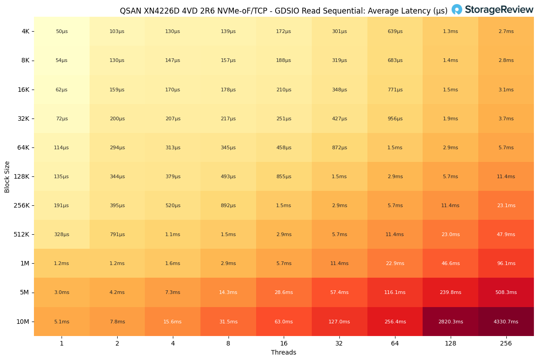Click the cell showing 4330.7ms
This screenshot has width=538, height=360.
[x=506, y=322]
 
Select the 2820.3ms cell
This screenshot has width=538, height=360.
[x=450, y=322]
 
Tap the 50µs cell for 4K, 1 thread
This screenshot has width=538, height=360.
[x=62, y=32]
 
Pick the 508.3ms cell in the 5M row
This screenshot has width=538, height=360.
[x=506, y=293]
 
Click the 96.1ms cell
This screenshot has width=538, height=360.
[x=506, y=264]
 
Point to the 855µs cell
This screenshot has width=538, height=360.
[x=284, y=176]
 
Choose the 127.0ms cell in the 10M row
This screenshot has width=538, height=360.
[x=339, y=322]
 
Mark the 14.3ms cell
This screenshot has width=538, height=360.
[x=228, y=293]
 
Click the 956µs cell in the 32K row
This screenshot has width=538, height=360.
[x=395, y=118]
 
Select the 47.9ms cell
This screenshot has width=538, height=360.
[x=506, y=235]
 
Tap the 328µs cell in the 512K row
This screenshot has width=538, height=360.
[x=62, y=235]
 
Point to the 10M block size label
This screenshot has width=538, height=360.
[x=23, y=322]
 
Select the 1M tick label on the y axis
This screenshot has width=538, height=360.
[x=24, y=264]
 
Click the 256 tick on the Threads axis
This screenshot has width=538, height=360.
[x=506, y=343]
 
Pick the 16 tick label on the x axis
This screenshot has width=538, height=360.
[x=284, y=343]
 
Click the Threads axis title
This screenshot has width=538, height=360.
[x=284, y=352]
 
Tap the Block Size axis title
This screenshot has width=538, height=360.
[x=7, y=176]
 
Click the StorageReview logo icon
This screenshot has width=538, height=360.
[x=457, y=9]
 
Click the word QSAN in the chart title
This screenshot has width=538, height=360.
[x=130, y=11]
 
